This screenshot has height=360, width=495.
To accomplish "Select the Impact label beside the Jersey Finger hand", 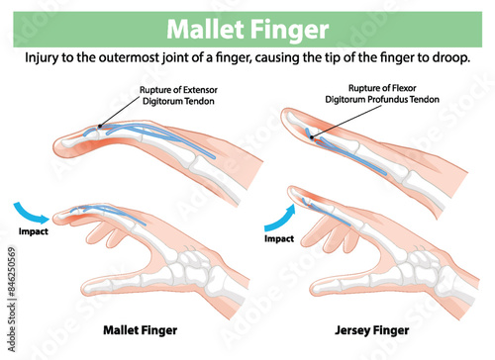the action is click(279, 238).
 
